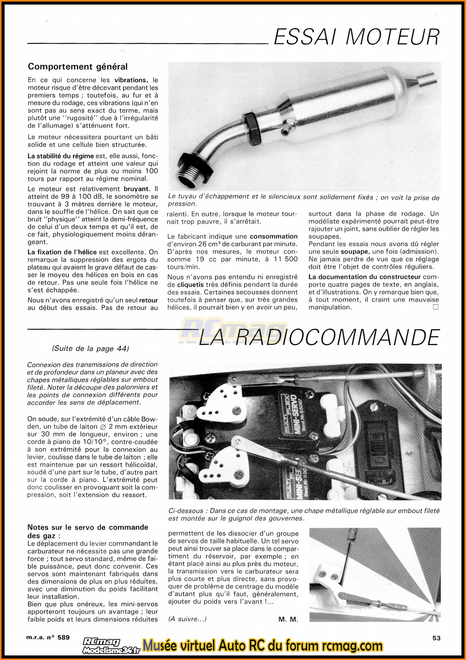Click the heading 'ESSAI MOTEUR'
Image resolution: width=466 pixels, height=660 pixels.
356,37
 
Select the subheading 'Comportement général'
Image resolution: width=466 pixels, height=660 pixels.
78,67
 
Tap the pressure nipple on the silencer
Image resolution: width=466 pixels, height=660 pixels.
284,130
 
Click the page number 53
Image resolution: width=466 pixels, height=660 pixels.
436,638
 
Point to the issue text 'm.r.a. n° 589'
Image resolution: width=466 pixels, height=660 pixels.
48,638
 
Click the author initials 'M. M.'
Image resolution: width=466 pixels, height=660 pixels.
288,619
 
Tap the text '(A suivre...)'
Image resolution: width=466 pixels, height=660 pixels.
187,619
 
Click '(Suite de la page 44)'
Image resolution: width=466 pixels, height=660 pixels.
91,348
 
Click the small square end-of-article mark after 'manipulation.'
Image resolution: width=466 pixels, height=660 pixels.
436,307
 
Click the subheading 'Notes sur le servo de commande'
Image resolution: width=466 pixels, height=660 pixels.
88,527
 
